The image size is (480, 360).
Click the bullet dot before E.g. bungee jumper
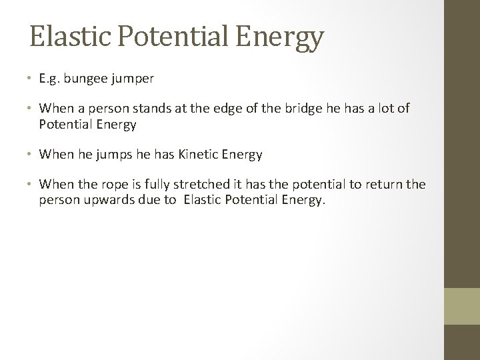pyautogui.click(x=31, y=79)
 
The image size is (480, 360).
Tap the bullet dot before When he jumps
pyautogui.click(x=31, y=155)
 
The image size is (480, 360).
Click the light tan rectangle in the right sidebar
pyautogui.click(x=461, y=305)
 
